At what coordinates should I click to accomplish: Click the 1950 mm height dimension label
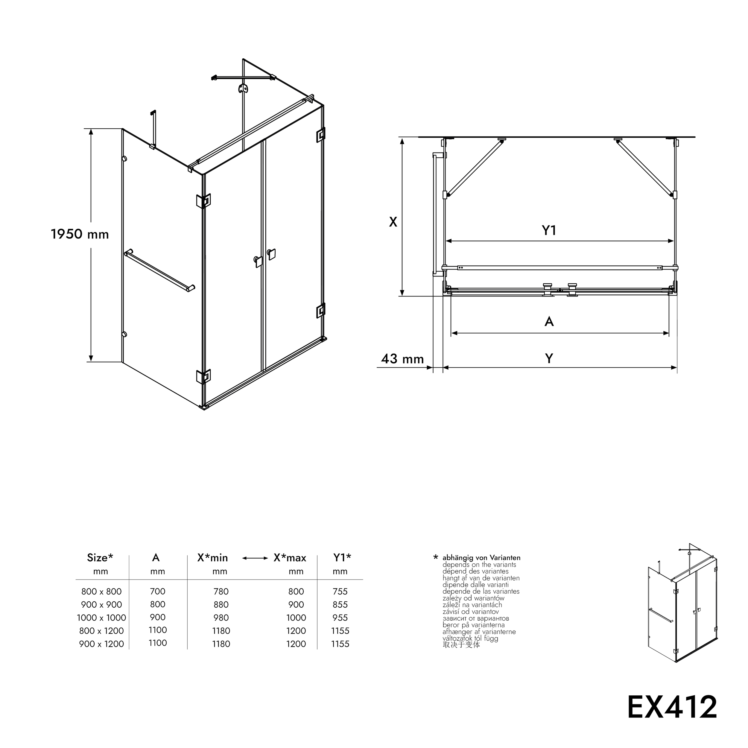[x=80, y=234]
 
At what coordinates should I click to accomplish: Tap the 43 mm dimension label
[x=402, y=359]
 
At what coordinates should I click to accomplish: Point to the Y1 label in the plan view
[x=549, y=231]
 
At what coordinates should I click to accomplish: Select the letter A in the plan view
[x=549, y=321]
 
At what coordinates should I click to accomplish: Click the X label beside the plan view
[x=393, y=222]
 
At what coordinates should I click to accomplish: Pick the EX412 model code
[x=672, y=707]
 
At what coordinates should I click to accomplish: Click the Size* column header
[x=100, y=557]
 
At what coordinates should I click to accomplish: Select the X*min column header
[x=212, y=557]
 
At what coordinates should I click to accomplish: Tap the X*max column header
[x=290, y=557]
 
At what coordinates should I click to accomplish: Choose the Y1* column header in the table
[x=342, y=557]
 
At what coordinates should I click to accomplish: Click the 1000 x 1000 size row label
[x=101, y=618]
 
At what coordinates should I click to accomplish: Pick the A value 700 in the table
[x=158, y=591]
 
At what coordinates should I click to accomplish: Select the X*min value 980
[x=221, y=618]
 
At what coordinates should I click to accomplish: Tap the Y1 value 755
[x=340, y=591]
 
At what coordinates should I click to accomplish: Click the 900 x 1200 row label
[x=101, y=644]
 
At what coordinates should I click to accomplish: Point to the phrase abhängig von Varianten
[x=481, y=558]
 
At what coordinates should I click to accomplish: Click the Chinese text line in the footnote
[x=461, y=645]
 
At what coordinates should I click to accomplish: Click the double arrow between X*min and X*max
[x=255, y=558]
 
